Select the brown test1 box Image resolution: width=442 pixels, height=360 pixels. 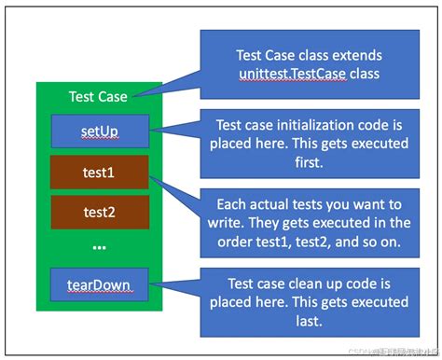tap(99, 173)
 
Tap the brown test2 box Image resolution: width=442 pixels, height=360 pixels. tap(99, 212)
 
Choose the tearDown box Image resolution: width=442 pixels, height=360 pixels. tap(99, 284)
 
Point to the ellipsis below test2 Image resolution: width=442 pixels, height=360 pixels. tap(99, 246)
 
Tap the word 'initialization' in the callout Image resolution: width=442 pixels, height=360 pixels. tap(320, 123)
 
